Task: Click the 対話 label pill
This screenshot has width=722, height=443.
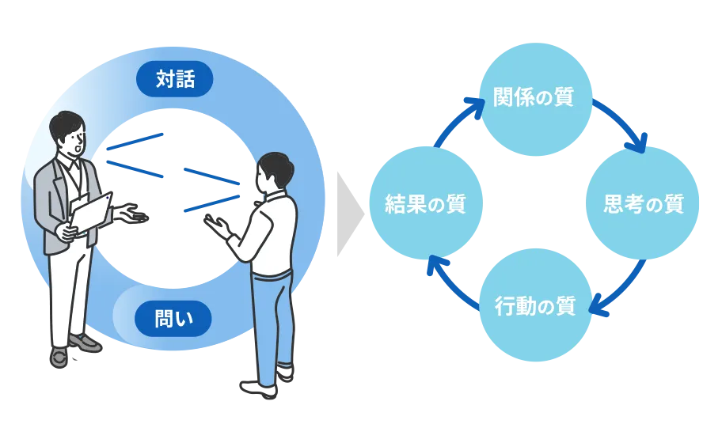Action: (x=174, y=79)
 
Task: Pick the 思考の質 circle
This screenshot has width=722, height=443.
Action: (x=642, y=203)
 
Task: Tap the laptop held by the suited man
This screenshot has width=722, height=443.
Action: (x=91, y=214)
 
